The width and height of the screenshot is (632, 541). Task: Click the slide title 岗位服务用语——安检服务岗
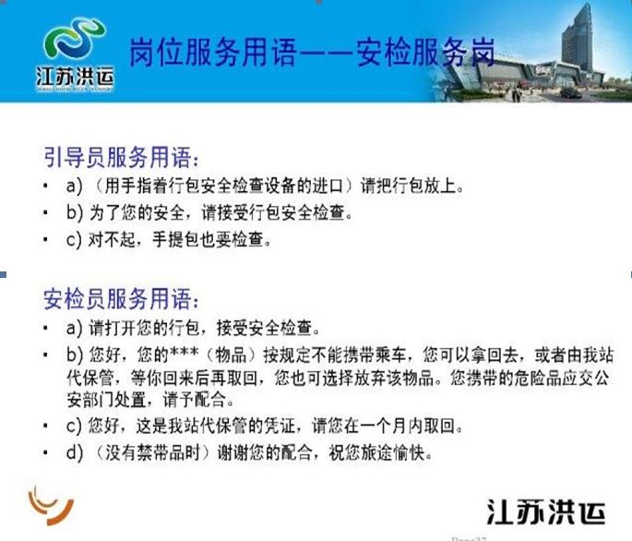(x=312, y=53)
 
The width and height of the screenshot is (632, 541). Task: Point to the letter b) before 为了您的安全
(x=74, y=213)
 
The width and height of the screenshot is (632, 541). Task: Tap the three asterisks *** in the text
(x=185, y=353)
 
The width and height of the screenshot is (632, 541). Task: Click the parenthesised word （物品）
(x=231, y=355)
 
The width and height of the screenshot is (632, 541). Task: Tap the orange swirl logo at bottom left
(x=51, y=504)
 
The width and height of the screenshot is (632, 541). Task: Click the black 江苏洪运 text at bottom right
(x=546, y=512)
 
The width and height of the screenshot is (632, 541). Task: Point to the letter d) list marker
(x=74, y=453)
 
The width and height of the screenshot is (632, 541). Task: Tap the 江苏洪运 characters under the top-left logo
(x=75, y=77)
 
